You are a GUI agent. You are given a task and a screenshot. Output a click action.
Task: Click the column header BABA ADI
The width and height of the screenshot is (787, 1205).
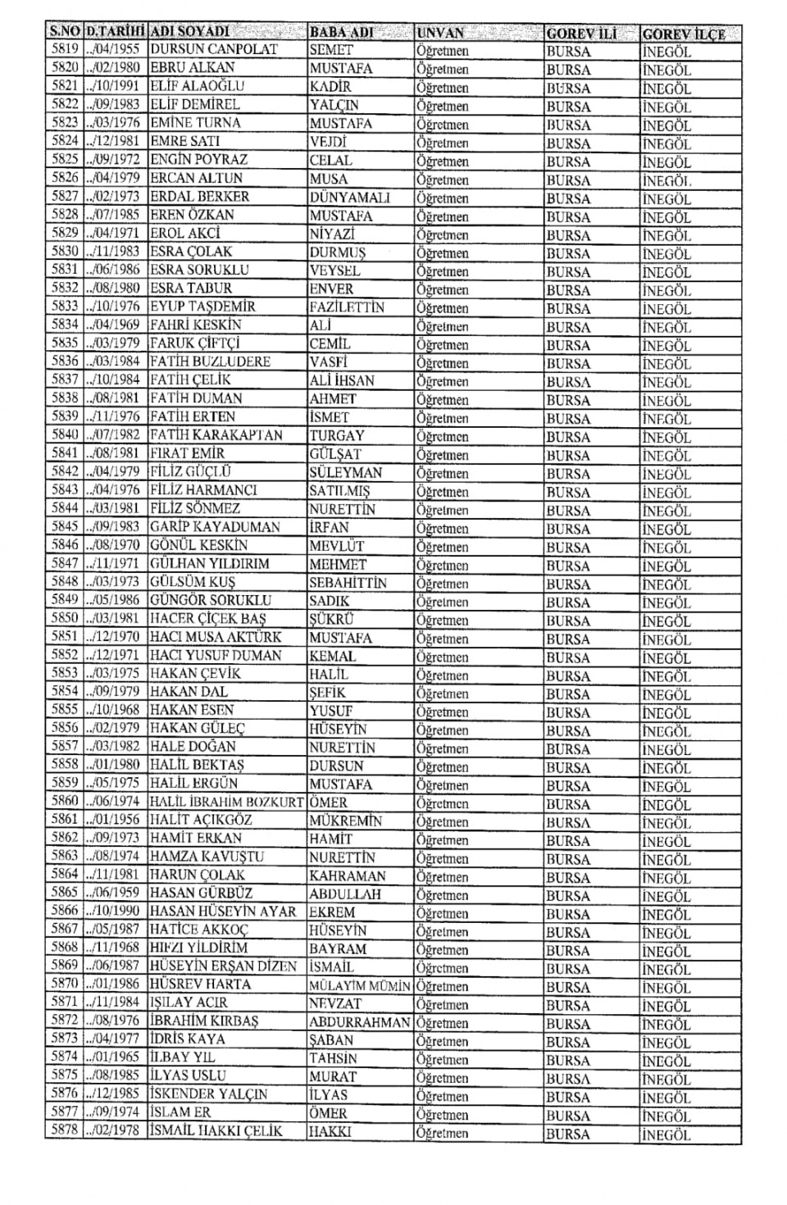pos(341,33)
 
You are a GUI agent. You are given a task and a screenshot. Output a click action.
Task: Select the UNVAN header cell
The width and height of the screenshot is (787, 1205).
pos(440,34)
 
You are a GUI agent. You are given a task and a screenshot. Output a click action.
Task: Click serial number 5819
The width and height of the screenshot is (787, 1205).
pos(64,49)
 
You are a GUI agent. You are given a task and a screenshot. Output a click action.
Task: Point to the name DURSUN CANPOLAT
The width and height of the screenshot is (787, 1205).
pos(214,49)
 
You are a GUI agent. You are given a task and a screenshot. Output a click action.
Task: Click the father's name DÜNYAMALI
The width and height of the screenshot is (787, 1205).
pos(349,198)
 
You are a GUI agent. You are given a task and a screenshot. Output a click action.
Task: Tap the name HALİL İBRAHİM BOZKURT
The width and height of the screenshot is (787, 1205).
pos(226,803)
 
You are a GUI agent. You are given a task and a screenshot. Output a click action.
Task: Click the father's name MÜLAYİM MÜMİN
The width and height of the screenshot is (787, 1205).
pos(359,986)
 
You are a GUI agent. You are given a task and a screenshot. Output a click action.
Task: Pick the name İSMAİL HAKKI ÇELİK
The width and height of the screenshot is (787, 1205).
pos(216,1131)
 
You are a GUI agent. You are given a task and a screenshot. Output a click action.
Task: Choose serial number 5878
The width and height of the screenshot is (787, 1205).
pos(64,1131)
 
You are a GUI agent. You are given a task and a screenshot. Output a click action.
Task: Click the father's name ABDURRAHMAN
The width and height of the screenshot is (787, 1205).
pos(359,1022)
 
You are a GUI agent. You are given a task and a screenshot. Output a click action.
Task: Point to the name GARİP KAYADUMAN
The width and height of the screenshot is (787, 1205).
pos(215,527)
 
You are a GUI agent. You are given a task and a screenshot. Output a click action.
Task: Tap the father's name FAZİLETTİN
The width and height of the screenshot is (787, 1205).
pos(347,307)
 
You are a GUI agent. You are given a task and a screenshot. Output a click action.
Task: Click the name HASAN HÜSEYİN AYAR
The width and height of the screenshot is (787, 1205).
pos(222,912)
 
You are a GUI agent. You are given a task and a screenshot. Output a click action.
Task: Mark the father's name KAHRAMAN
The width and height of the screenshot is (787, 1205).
pos(348,875)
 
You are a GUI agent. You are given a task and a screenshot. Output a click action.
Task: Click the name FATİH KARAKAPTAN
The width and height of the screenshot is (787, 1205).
pos(216,435)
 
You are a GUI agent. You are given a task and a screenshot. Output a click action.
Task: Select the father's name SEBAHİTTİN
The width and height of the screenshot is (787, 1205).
pos(348,583)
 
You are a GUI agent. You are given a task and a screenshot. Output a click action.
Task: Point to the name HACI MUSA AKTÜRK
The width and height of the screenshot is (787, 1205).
pos(215,637)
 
